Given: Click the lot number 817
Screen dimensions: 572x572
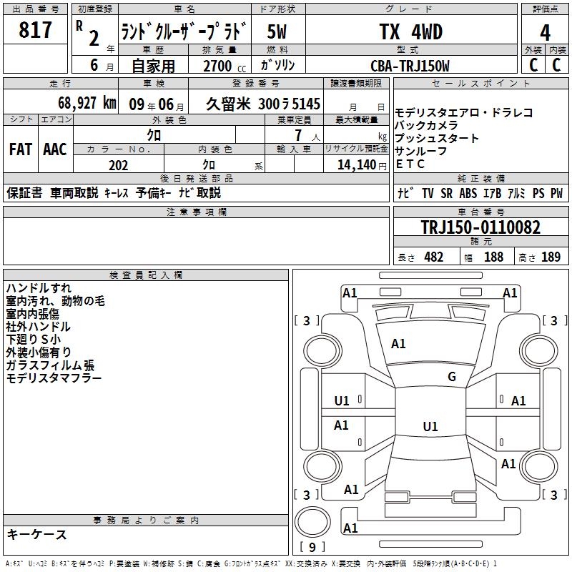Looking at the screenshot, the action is pos(35,30).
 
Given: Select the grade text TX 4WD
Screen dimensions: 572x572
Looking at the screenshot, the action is pos(410,31).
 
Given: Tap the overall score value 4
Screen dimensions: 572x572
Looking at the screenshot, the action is pos(545,33).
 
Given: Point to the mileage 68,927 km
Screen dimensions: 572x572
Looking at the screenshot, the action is pos(87,103).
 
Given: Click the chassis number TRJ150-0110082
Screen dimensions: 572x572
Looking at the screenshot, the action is pos(480,227).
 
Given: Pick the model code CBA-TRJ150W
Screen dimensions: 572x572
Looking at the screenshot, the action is pos(410,66).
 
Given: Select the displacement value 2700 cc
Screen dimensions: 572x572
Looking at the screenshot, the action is pos(225,66).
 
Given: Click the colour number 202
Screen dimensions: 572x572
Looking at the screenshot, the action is pos(118,165).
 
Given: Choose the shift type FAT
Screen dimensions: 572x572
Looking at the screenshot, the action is pos(21,149).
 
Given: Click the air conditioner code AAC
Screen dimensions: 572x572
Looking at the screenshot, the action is pos(55,149).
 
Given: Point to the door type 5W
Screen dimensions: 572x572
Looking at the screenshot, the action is pos(277,31).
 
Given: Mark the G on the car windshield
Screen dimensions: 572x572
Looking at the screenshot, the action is pos(452,377).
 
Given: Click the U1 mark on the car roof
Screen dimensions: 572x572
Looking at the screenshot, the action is pos(430,426).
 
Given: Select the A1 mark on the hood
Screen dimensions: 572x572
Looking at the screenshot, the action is pos(398,344).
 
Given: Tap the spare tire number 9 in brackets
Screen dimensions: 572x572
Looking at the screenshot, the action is pos(312,547).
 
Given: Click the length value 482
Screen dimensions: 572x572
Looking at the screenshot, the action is pos(434,257).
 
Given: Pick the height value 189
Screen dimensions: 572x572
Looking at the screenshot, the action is pos(551,257).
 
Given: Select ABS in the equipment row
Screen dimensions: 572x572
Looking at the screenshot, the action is pos(468,193).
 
